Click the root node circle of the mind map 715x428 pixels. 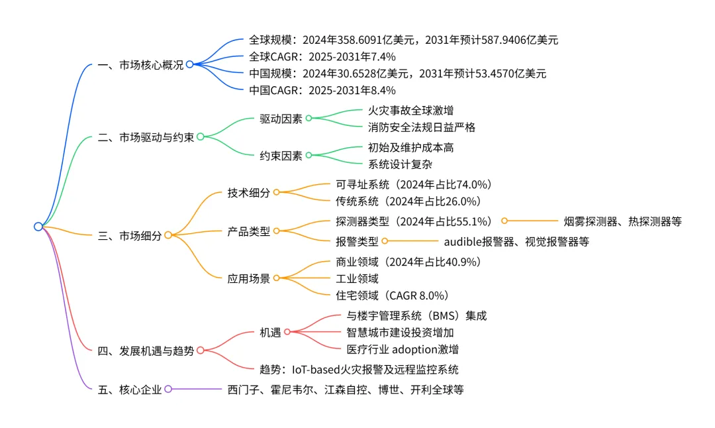[38, 227]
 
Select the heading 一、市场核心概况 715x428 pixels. [140, 64]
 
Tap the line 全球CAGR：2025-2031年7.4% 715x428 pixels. [322, 56]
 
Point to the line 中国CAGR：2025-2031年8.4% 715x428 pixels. [322, 90]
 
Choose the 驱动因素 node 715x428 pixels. [281, 119]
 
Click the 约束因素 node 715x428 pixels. [281, 156]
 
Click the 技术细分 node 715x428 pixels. [249, 193]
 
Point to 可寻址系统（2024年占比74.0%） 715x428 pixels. [414, 184]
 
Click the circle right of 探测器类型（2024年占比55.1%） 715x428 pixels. [504, 221]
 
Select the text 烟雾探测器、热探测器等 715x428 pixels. [622, 221]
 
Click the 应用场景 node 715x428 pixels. [249, 279]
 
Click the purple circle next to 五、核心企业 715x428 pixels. [168, 389]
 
